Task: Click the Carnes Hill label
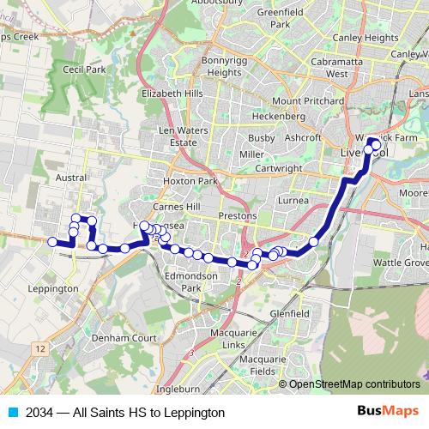point(176,208)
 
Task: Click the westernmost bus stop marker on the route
point(51,243)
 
